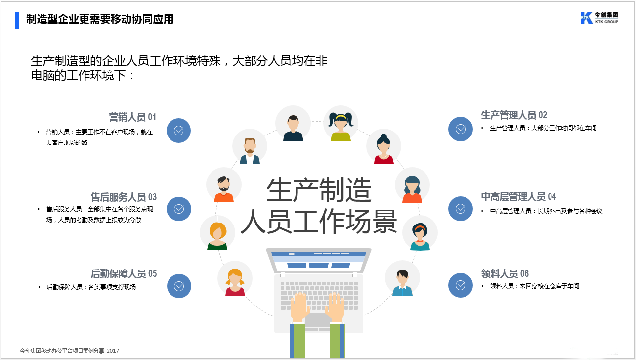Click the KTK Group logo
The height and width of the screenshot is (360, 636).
click(x=599, y=18)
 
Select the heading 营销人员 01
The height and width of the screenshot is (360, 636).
click(x=132, y=117)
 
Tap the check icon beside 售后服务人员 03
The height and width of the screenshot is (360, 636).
click(x=179, y=209)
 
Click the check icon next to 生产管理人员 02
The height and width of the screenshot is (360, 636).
click(x=460, y=129)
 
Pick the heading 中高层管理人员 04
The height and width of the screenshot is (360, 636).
click(x=518, y=197)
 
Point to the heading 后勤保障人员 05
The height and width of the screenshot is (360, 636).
click(x=124, y=274)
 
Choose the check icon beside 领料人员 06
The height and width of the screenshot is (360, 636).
click(x=460, y=285)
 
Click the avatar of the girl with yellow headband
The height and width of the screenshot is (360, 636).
click(x=340, y=124)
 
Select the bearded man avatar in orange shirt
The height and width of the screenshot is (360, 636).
click(x=224, y=185)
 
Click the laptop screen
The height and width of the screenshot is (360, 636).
click(x=318, y=260)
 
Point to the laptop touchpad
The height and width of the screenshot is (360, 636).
click(x=317, y=320)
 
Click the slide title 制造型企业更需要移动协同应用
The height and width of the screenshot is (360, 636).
click(x=100, y=19)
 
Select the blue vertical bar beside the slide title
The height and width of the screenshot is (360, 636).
click(x=17, y=20)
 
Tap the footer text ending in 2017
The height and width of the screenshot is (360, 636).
click(x=69, y=351)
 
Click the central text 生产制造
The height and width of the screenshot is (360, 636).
click(x=318, y=190)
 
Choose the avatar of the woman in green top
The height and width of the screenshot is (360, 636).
click(x=217, y=233)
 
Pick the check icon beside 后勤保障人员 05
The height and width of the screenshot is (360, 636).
click(x=179, y=286)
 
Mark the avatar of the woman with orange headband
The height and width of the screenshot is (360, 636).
click(x=420, y=234)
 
